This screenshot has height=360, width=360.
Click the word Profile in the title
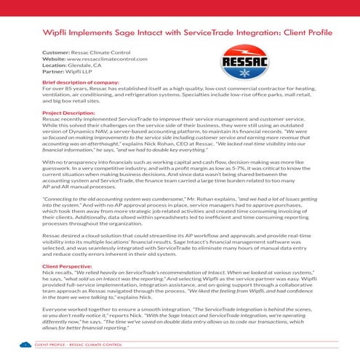coord(318,33)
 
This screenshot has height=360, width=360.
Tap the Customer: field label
coord(56,52)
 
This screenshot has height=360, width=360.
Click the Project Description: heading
coord(70,114)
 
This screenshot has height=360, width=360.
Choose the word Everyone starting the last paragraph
coord(55,311)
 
